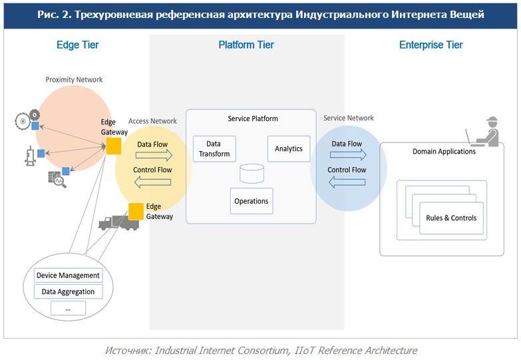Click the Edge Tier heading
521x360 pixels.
point(77,45)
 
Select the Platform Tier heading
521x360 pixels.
point(246,45)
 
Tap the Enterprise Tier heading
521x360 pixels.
point(431,45)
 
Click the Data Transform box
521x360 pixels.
point(214,149)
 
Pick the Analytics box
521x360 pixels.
point(289,149)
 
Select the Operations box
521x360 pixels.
point(252,201)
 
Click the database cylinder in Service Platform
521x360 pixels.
point(251,174)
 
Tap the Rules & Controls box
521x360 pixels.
point(451,218)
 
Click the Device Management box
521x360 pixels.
point(68,275)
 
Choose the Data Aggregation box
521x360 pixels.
point(68,291)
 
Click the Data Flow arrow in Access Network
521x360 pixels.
point(153,155)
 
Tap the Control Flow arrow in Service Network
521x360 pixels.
point(347,181)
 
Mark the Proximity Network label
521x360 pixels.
point(74,80)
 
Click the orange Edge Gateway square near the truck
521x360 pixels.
point(136,211)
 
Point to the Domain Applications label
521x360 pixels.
point(444,152)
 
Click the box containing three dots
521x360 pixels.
point(68,308)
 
